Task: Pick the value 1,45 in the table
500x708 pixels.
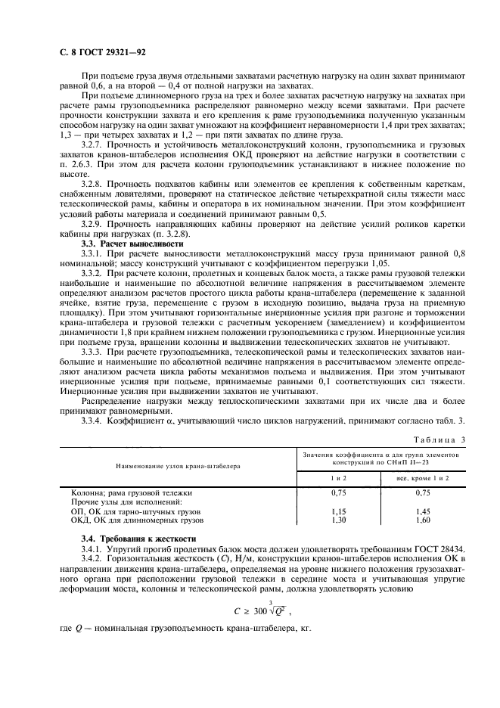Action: (422, 511)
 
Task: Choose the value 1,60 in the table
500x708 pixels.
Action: (422, 520)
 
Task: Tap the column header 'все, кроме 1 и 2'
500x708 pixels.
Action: (422, 478)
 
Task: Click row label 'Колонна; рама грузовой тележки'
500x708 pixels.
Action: (126, 493)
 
